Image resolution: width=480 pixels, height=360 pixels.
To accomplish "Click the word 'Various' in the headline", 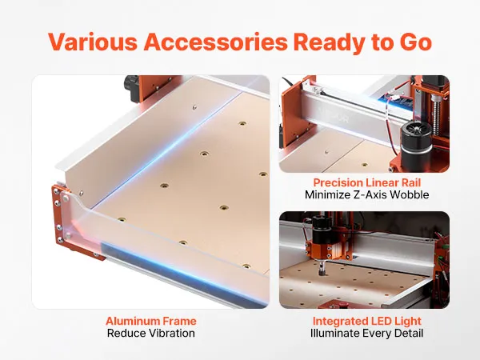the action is [x=93, y=42].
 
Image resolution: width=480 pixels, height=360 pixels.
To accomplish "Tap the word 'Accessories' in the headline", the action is [x=215, y=42].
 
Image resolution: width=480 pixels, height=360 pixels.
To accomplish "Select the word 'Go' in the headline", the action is [x=415, y=42].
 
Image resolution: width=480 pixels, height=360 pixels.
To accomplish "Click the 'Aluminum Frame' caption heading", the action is [x=151, y=321].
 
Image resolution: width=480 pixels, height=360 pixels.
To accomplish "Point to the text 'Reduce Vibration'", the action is [x=151, y=333].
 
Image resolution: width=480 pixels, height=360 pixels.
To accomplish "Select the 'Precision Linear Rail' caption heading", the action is [x=367, y=182].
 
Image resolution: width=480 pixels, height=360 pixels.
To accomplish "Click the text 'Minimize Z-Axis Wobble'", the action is [x=367, y=194].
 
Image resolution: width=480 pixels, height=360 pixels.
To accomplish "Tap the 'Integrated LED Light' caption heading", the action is [x=367, y=321].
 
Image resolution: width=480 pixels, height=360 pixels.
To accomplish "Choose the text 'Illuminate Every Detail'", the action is [x=367, y=333].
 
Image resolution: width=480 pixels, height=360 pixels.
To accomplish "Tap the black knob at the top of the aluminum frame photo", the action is [x=132, y=89].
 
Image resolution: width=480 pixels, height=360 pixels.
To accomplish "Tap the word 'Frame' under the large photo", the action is [x=180, y=321].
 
